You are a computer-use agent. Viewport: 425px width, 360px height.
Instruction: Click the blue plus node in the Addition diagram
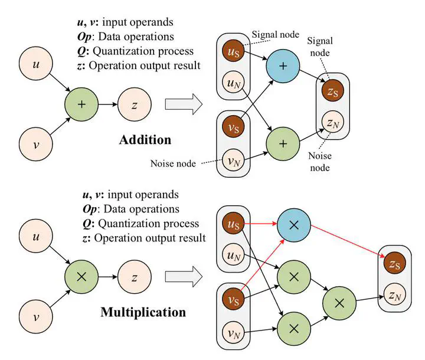(283, 66)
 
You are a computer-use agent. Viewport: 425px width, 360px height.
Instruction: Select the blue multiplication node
(294, 225)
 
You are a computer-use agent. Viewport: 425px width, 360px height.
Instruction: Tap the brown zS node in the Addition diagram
(332, 91)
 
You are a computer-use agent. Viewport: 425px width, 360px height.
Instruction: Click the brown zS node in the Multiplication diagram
(395, 263)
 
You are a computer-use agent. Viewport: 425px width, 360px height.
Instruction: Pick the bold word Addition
(145, 140)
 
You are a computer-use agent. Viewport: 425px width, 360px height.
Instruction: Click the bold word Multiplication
(143, 312)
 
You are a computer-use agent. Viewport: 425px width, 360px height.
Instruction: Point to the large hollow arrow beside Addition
(184, 104)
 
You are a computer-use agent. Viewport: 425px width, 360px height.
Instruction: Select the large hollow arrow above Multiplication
(184, 277)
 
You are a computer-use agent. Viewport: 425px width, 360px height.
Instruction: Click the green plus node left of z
(81, 104)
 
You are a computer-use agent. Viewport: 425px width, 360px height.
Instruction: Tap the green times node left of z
(81, 277)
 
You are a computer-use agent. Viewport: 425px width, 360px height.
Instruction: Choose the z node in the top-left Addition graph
(135, 104)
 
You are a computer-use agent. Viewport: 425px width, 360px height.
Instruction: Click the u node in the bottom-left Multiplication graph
(36, 236)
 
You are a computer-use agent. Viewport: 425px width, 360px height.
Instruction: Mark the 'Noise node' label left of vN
(173, 163)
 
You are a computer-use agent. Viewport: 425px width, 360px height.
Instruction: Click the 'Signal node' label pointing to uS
(276, 35)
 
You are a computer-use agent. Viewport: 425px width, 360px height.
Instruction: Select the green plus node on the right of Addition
(283, 143)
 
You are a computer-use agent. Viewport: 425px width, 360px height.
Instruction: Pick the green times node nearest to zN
(339, 303)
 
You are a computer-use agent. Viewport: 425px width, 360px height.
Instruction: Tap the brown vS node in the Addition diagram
(233, 127)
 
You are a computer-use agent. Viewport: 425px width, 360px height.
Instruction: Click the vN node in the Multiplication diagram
(233, 332)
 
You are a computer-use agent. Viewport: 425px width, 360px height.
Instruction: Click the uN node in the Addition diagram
(233, 83)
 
